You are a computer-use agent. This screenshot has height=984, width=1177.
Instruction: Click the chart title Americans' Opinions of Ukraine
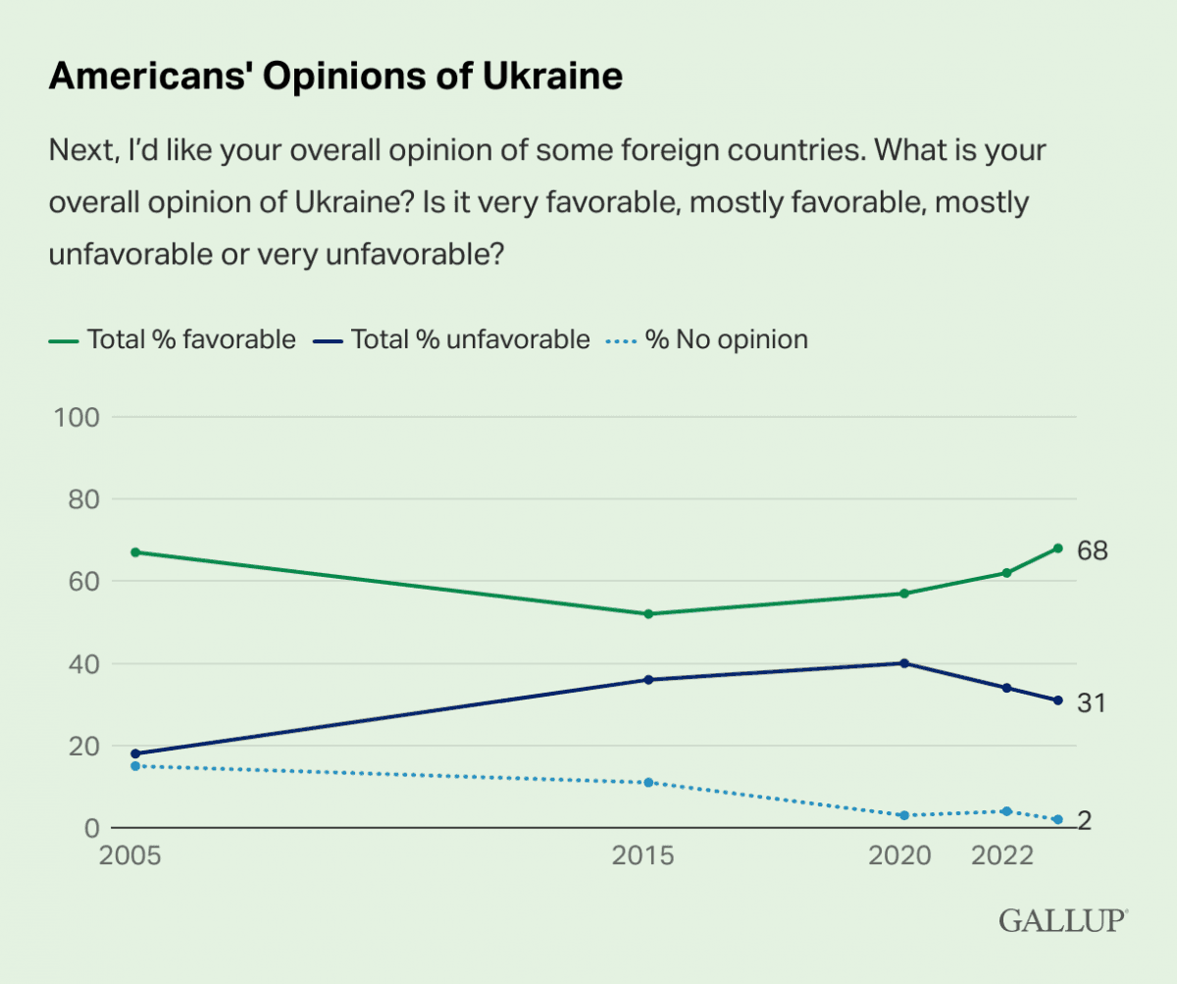(x=335, y=76)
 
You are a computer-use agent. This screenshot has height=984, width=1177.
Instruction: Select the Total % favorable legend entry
(x=173, y=339)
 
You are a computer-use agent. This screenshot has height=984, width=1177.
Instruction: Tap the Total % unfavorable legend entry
(x=453, y=339)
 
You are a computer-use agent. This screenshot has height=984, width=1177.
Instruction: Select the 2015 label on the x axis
(x=643, y=856)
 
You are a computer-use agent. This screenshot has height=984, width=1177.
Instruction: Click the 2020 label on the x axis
(x=900, y=856)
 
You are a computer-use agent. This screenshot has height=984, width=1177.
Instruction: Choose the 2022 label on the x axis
(x=1003, y=856)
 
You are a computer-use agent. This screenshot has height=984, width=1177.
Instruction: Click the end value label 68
(x=1093, y=551)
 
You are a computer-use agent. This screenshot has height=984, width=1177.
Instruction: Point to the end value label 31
(x=1092, y=702)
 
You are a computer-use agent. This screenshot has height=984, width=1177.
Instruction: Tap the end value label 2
(x=1086, y=820)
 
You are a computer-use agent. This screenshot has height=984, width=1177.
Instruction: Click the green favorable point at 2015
(x=648, y=614)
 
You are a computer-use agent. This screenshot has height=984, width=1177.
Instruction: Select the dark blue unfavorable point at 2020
(x=904, y=663)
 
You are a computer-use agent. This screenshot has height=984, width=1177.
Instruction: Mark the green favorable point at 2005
(x=135, y=552)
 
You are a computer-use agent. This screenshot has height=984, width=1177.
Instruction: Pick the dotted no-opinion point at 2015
(x=648, y=783)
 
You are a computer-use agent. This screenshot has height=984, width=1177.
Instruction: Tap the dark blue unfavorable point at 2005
(x=135, y=753)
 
